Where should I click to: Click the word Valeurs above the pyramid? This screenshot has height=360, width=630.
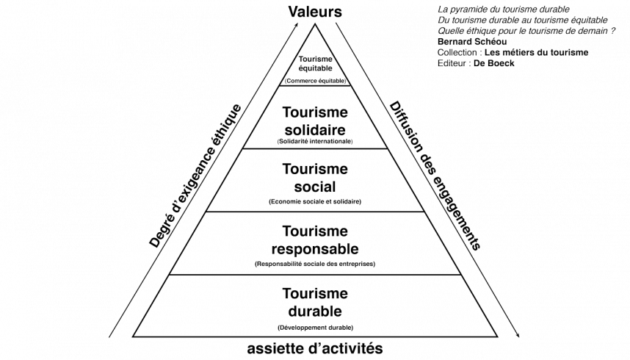pyautogui.click(x=315, y=11)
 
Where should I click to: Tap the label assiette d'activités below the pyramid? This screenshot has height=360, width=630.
pyautogui.click(x=315, y=348)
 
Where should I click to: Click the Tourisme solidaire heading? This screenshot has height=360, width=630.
pyautogui.click(x=315, y=120)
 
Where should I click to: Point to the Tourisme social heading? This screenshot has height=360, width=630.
pyautogui.click(x=315, y=177)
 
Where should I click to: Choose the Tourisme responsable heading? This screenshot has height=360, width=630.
pyautogui.click(x=315, y=240)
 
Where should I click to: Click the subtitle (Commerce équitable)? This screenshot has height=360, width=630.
pyautogui.click(x=315, y=81)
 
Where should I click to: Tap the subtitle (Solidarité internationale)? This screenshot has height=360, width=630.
pyautogui.click(x=315, y=140)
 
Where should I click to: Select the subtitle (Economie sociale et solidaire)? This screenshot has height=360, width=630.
pyautogui.click(x=315, y=201)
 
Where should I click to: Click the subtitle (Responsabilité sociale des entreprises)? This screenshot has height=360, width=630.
pyautogui.click(x=315, y=263)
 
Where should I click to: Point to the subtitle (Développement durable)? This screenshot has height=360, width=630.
pyautogui.click(x=315, y=326)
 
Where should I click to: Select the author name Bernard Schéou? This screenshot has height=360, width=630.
pyautogui.click(x=467, y=43)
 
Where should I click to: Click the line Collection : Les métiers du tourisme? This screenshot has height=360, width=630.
pyautogui.click(x=512, y=53)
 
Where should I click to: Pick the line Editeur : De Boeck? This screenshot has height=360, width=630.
pyautogui.click(x=476, y=64)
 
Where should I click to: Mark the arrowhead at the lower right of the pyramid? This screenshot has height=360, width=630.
pyautogui.click(x=519, y=336)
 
